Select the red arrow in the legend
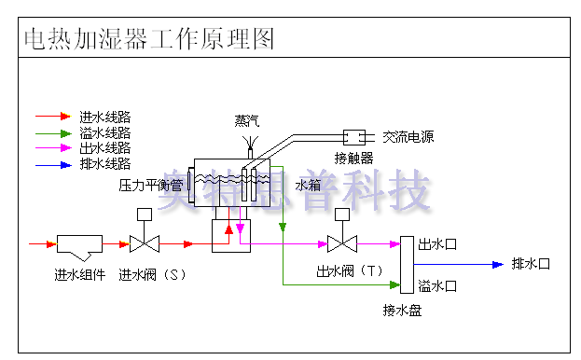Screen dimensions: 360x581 [53, 117]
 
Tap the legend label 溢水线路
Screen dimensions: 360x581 [104, 132]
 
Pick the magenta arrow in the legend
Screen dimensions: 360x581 [53, 148]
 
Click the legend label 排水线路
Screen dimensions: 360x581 [104, 164]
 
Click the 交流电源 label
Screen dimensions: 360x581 [408, 137]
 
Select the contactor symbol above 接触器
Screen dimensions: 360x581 [355, 136]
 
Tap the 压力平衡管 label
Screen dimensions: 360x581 [150, 186]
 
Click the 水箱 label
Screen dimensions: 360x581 [308, 186]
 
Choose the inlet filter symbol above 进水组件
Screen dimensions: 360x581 [80, 245]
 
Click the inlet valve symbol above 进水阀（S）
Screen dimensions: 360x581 [144, 244]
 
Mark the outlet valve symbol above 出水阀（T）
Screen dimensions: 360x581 [344, 244]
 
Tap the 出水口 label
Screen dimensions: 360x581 [437, 244]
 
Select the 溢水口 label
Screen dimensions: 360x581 [437, 285]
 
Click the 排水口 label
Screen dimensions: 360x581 [531, 264]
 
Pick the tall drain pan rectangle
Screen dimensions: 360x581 [406, 264]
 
